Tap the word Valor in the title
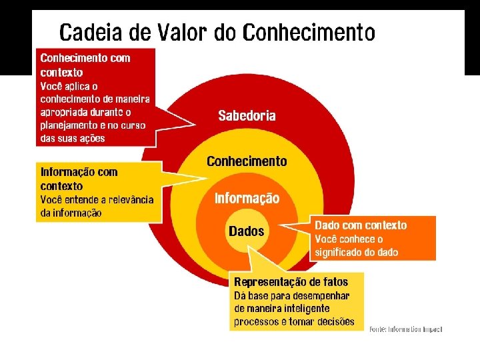[x=184, y=31]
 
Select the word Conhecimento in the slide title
[x=309, y=31]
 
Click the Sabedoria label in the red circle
[x=247, y=116]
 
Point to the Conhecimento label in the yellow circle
[x=247, y=161]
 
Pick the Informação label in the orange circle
[x=247, y=199]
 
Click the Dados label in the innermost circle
[x=246, y=232]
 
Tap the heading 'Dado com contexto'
[x=361, y=225]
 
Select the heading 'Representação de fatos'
[x=291, y=282]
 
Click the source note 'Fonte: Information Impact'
[x=405, y=329]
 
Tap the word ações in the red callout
[x=92, y=139]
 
